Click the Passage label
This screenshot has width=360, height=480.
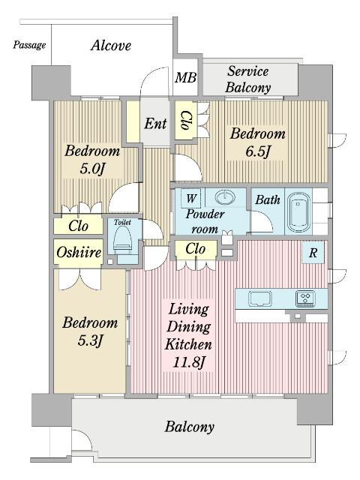click(29, 45)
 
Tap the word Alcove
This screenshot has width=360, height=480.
click(111, 46)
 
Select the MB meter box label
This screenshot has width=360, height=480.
click(185, 77)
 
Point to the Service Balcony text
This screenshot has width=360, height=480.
click(248, 79)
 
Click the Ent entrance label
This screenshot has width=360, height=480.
click(155, 124)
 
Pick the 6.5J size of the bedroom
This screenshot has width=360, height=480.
click(258, 151)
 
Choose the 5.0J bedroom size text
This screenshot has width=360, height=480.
click(92, 168)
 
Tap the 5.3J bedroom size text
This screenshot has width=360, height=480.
click(90, 340)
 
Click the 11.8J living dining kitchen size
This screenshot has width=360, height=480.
click(188, 362)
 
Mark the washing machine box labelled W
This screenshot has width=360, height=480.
click(191, 198)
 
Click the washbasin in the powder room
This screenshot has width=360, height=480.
click(225, 197)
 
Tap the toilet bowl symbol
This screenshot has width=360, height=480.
click(122, 241)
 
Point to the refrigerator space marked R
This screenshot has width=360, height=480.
click(313, 253)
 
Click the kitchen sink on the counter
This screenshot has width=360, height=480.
click(260, 298)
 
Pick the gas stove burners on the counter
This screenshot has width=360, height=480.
click(305, 298)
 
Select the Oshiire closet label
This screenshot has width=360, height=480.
click(79, 253)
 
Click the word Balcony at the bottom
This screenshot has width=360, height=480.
click(190, 427)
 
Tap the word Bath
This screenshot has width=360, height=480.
click(268, 200)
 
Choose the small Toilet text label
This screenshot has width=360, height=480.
click(122, 222)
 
